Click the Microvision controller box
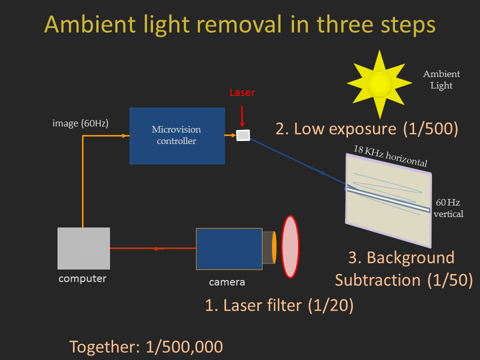[177, 136]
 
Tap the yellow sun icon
[379, 84]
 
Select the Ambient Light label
[441, 79]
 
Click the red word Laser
[242, 92]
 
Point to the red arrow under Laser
[242, 116]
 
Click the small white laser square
[243, 135]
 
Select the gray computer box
[83, 248]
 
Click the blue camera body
[229, 249]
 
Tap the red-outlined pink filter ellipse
[290, 246]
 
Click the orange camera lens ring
[274, 247]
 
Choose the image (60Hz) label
[80, 123]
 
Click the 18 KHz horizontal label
[390, 156]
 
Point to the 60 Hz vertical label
[448, 208]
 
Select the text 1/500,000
[184, 347]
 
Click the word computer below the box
[82, 278]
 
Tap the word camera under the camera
[227, 282]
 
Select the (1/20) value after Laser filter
[330, 305]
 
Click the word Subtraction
[378, 280]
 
